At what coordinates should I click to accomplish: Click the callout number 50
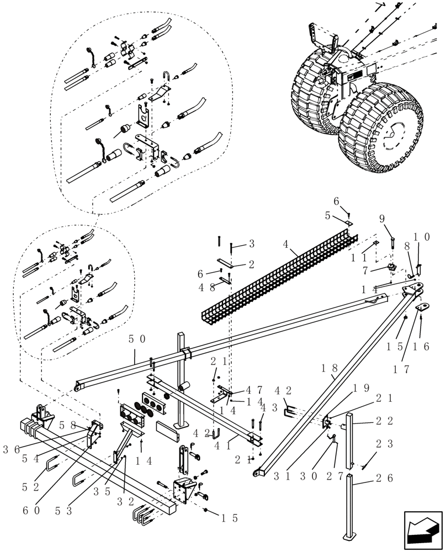point(137,339)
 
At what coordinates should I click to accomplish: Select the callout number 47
point(246,390)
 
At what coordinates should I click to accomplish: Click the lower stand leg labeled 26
point(349,508)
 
